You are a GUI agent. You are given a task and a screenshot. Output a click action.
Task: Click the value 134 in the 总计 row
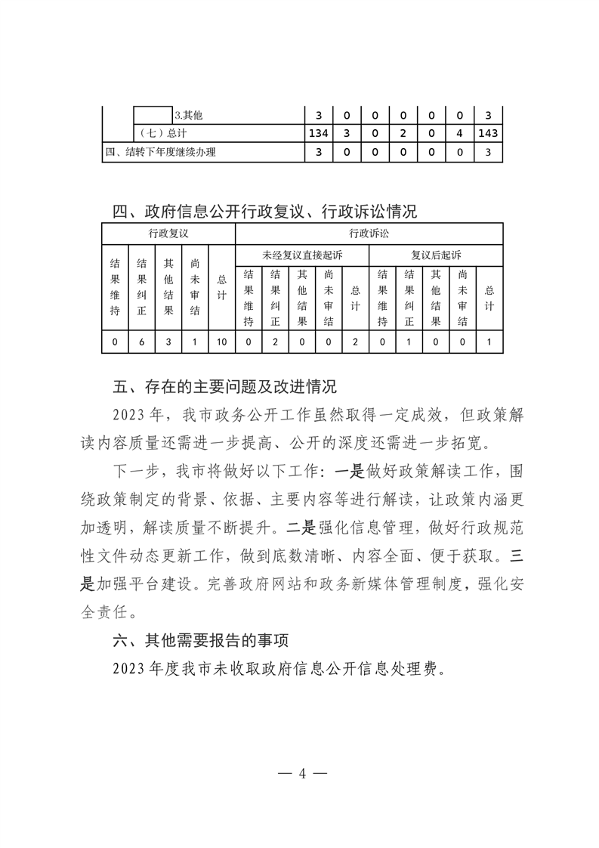pyautogui.click(x=318, y=134)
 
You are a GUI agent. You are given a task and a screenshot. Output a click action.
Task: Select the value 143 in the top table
pyautogui.click(x=488, y=134)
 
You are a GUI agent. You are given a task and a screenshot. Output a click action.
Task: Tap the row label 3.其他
pyautogui.click(x=189, y=116)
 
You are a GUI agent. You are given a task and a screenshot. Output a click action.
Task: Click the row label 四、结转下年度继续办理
pyautogui.click(x=160, y=152)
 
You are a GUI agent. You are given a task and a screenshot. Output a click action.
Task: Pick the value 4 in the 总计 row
pyautogui.click(x=459, y=134)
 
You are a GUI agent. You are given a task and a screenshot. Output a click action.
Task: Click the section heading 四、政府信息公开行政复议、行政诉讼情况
pyautogui.click(x=264, y=211)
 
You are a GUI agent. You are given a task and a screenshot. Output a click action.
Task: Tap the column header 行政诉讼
pyautogui.click(x=369, y=234)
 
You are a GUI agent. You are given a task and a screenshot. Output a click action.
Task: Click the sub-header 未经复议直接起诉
pyautogui.click(x=302, y=255)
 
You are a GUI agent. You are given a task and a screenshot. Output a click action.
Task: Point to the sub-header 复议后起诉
pyautogui.click(x=436, y=255)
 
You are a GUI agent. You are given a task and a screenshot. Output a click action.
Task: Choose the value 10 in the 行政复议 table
pyautogui.click(x=221, y=342)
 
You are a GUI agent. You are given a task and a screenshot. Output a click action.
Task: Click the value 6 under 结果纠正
pyautogui.click(x=141, y=342)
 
